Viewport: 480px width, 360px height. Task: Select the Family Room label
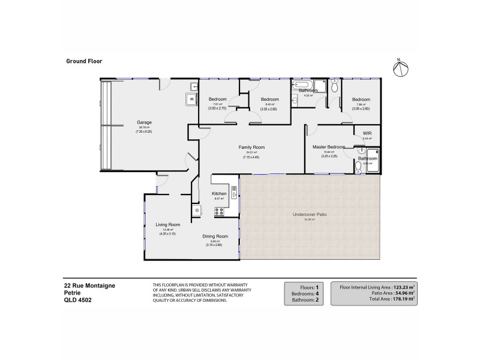tap(251, 147)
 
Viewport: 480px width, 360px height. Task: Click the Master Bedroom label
tap(328, 147)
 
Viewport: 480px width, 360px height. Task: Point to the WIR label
tap(367, 133)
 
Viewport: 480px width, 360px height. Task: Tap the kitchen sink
tap(234, 193)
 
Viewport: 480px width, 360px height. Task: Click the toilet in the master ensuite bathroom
tap(358, 166)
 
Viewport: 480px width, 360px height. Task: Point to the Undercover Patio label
tap(309, 214)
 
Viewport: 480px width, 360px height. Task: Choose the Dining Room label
tap(214, 236)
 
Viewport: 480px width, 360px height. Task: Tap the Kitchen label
tap(218, 194)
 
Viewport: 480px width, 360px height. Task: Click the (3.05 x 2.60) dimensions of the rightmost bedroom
tap(361, 109)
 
